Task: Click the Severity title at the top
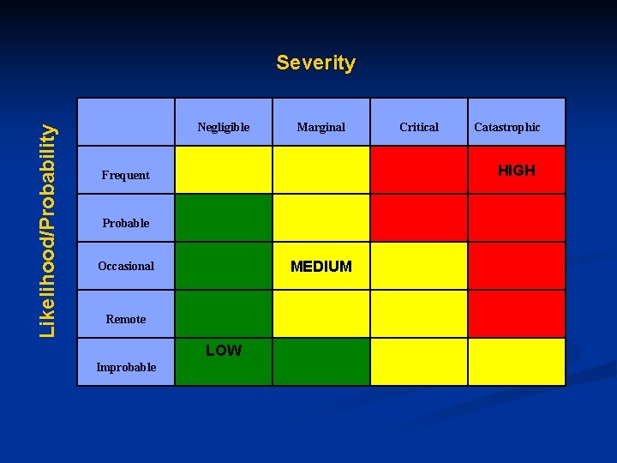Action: click(x=315, y=63)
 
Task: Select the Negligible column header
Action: click(x=224, y=127)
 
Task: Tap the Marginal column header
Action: click(x=321, y=127)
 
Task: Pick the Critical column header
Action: click(x=419, y=127)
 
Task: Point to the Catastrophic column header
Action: click(x=507, y=127)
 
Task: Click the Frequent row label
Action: click(x=125, y=175)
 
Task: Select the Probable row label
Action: click(x=126, y=223)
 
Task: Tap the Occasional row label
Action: click(x=126, y=266)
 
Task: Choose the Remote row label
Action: click(x=126, y=319)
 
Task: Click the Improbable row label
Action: click(x=126, y=367)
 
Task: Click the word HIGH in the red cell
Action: click(x=517, y=170)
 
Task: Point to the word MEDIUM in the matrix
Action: click(x=321, y=266)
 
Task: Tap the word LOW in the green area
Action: click(x=224, y=350)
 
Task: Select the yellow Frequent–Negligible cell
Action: click(x=224, y=170)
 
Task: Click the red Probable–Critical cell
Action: click(x=419, y=218)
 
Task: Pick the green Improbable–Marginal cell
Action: click(x=321, y=362)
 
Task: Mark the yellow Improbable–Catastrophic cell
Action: click(x=517, y=362)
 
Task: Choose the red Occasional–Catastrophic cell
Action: click(x=517, y=266)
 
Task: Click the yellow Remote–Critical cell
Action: click(x=419, y=314)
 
